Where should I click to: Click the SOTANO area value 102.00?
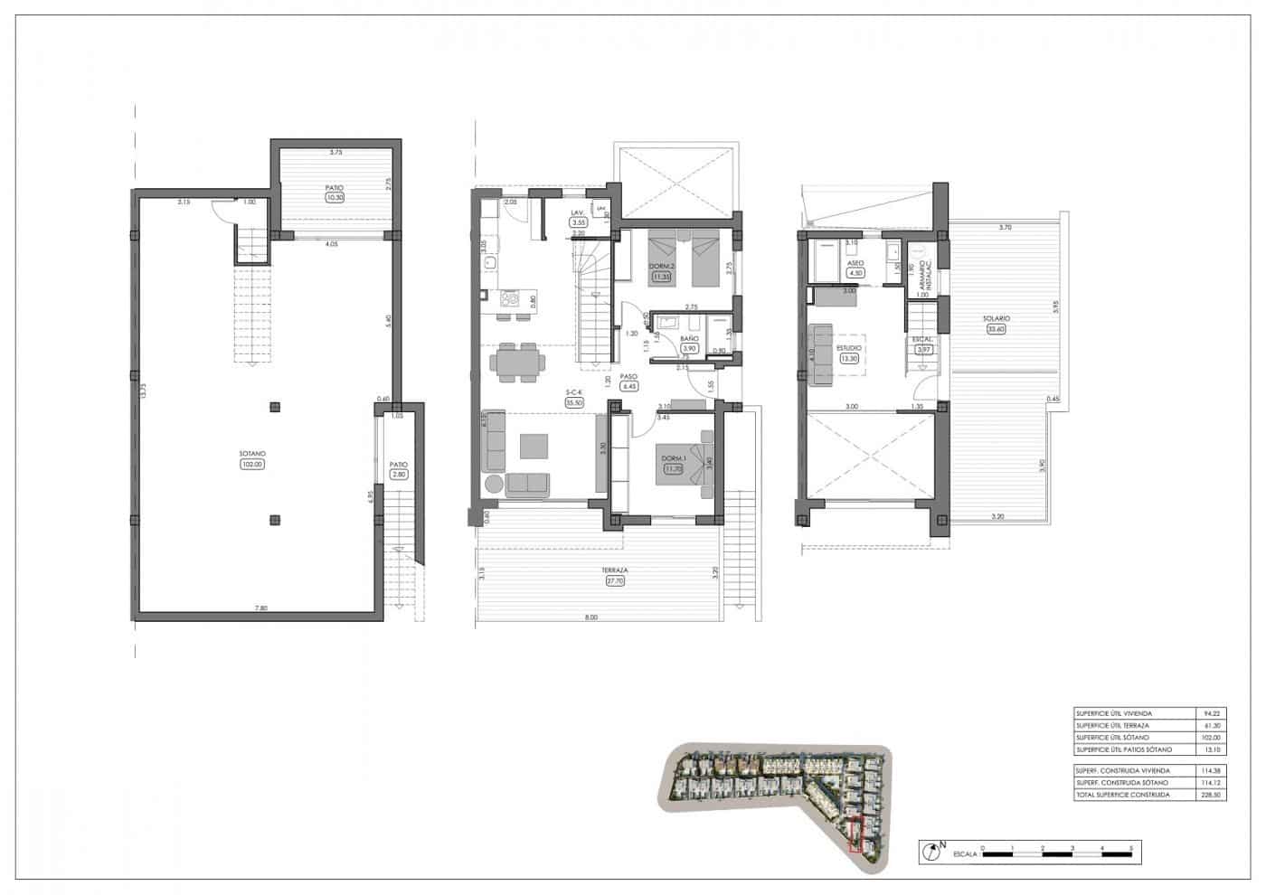point(252,465)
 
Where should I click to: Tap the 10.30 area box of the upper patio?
point(335,198)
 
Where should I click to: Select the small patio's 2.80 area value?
point(399,474)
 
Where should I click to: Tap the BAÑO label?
point(688,339)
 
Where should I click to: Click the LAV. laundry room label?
point(577,213)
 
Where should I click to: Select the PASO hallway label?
point(629,376)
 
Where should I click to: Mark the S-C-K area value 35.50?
point(573,403)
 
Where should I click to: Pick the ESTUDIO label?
point(849,347)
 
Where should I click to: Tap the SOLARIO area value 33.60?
point(997,329)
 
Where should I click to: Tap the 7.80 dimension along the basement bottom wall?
point(260,608)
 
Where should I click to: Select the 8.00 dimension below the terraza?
point(591,617)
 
